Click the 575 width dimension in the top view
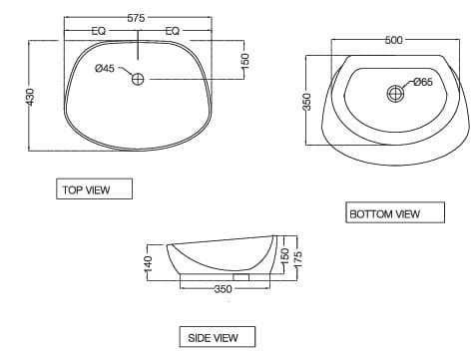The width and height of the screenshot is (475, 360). [x=138, y=19]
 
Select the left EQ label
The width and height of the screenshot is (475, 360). [x=99, y=32]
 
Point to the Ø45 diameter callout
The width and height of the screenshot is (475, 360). [x=105, y=69]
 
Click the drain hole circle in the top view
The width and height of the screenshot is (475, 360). [x=138, y=79]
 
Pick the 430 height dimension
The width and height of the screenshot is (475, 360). [x=31, y=97]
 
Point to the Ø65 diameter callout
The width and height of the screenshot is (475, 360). [x=421, y=83]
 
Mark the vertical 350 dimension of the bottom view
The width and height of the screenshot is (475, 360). [x=308, y=102]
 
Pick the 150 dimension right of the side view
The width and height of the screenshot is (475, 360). [x=283, y=256]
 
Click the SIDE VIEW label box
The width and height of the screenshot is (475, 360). [x=215, y=337]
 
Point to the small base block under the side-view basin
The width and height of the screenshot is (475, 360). [x=239, y=276]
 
